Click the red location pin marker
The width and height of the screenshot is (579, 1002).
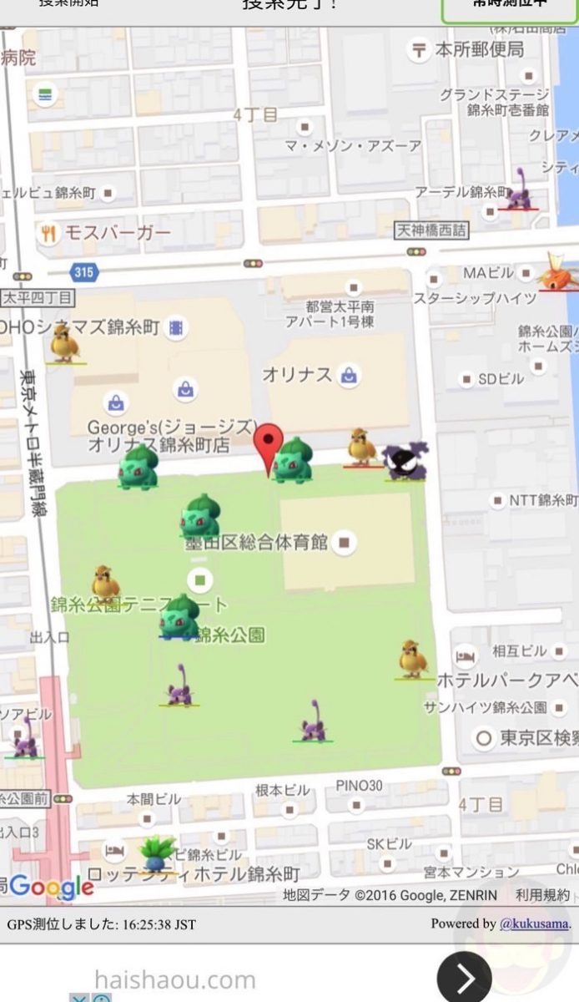pos(269,446)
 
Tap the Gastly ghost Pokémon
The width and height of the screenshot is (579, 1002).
pos(405,460)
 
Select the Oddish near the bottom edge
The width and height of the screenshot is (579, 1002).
pos(157,853)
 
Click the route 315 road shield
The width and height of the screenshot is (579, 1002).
pos(84,272)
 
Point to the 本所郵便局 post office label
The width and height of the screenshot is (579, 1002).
pos(479,49)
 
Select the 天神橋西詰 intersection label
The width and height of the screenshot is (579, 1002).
pos(431,229)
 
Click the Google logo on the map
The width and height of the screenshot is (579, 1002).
pos(52,887)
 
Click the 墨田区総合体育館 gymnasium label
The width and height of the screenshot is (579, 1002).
pos(257,543)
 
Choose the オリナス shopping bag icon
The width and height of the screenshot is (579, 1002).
pos(349,376)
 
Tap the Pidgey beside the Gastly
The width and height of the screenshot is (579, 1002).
pos(361,447)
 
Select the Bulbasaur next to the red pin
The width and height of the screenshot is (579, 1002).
pos(293,460)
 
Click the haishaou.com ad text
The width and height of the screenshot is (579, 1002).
pos(174,979)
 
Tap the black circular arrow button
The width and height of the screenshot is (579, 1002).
pos(464,977)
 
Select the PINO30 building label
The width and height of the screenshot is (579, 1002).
pos(360,785)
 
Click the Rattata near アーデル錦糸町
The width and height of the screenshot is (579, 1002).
pos(519,190)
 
